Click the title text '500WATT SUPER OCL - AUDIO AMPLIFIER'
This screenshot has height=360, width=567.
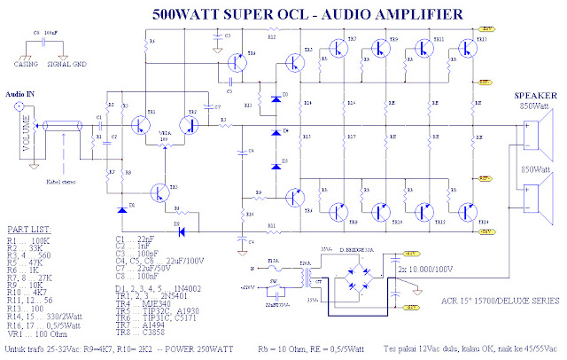point(306,14)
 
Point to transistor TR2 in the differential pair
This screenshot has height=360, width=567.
point(190,123)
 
